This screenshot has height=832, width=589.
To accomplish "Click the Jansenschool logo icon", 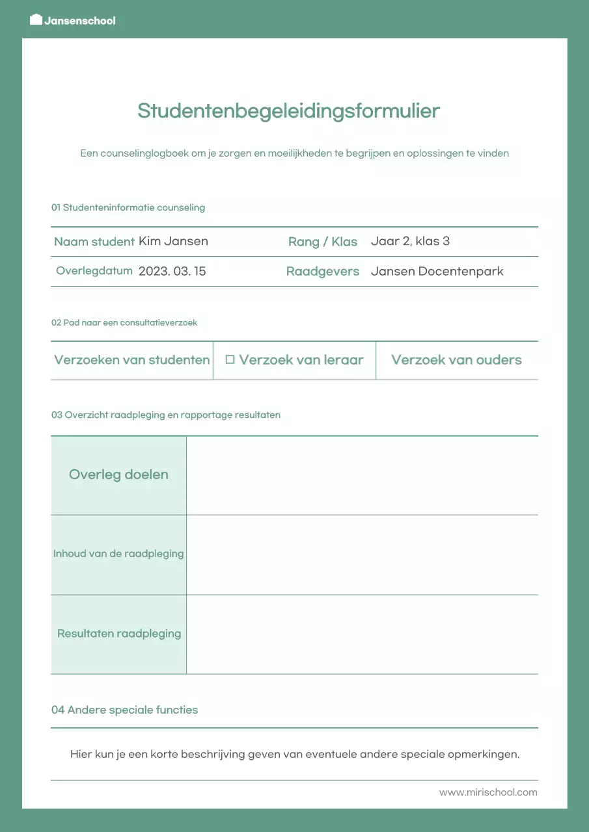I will (36, 19).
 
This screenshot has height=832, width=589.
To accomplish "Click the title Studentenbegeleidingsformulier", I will (288, 111).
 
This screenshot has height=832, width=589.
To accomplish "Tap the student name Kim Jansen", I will (173, 241).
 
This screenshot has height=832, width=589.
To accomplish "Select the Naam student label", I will (94, 242).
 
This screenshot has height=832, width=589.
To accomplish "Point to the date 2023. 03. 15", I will (172, 271).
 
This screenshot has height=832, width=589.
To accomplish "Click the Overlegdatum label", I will (94, 271).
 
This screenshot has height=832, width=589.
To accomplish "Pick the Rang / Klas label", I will (323, 242).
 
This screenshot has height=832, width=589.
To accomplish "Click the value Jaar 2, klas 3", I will (410, 241).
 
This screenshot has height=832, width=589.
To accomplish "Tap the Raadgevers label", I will (323, 272).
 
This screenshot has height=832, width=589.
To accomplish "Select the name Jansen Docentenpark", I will (437, 271).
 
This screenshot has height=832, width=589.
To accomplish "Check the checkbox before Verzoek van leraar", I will (230, 359).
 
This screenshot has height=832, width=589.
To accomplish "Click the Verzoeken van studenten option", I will (132, 360).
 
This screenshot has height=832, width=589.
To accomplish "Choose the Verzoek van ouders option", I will (456, 360).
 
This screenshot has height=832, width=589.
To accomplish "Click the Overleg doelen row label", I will (118, 474).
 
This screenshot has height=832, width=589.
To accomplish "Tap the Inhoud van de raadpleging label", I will (118, 554).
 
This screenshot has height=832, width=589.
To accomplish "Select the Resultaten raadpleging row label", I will (119, 634).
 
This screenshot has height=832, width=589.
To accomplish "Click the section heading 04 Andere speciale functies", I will (124, 710).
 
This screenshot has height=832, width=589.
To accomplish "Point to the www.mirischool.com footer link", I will (488, 792).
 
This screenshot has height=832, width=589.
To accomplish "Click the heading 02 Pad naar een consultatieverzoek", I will (124, 322).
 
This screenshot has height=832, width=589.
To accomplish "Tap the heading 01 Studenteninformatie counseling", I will (128, 208).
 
